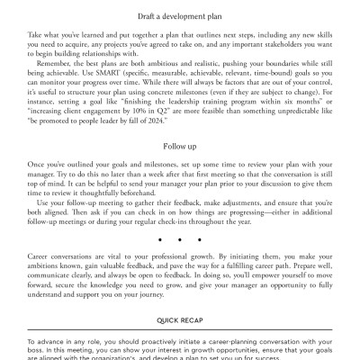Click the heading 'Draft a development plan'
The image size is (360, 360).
tap(180, 16)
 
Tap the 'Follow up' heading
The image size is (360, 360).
tap(180, 143)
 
